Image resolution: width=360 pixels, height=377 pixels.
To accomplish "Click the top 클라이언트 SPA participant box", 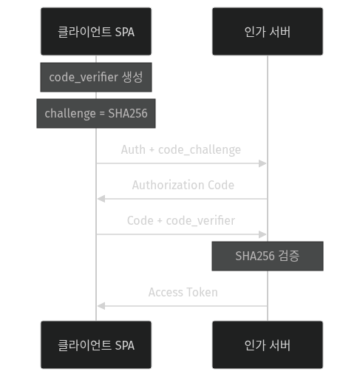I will tap(96, 31).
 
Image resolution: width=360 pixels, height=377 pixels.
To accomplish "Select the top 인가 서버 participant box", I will tap(267, 31).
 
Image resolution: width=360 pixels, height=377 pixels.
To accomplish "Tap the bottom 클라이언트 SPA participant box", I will tap(96, 344).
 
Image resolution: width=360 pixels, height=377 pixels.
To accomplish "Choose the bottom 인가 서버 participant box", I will tap(267, 344).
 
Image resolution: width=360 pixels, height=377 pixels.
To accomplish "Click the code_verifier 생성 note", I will tap(96, 77).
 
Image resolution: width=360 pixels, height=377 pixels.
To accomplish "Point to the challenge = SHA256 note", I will tap(96, 113).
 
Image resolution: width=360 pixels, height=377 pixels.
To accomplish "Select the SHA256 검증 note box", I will tap(267, 256).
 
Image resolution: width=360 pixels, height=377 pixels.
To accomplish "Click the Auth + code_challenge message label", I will tap(181, 149).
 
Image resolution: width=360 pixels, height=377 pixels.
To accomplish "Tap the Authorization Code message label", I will tap(183, 185).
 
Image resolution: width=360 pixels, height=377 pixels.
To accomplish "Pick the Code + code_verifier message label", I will tap(181, 220).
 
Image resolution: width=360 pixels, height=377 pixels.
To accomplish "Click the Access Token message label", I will tap(183, 292).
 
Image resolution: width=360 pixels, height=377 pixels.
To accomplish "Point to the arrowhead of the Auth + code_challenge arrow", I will tap(263, 163).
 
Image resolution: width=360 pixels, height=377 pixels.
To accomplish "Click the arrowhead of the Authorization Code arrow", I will tap(101, 199).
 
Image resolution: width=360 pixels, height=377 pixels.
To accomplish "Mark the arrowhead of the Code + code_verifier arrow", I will tap(263, 234).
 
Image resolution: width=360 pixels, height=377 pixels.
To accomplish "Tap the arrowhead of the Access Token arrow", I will tap(101, 305).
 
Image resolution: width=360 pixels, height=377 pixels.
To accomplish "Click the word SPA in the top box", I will tap(124, 32).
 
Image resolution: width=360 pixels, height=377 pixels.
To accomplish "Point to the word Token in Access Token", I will tap(203, 292).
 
